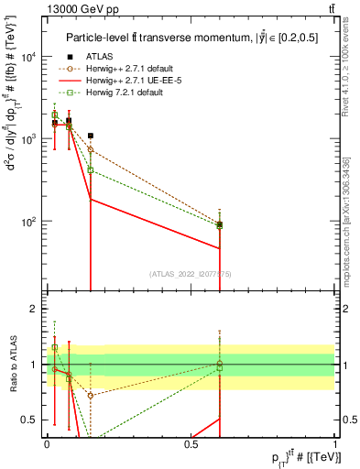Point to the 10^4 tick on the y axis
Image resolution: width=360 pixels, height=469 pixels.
coord(27,57)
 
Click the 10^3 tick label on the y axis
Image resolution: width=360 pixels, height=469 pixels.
coord(27,139)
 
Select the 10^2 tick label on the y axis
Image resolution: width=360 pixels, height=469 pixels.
coord(27,222)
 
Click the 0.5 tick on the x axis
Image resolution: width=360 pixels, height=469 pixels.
coord(191,443)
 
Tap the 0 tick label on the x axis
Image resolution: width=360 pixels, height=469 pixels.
coord(47,443)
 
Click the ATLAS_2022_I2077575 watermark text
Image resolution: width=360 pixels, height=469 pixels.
coord(191,273)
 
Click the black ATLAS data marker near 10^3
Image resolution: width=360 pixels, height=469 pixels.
coord(90,136)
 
